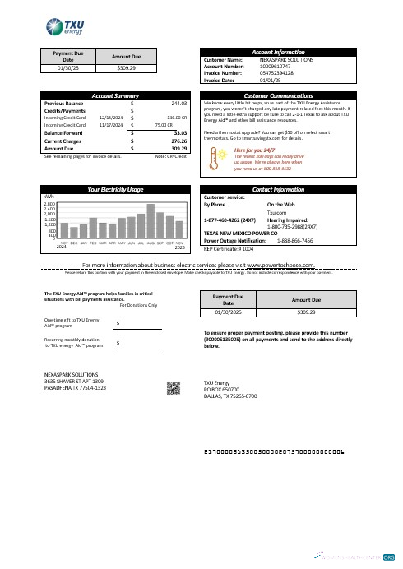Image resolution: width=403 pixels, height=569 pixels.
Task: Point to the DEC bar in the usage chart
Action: coord(74,220)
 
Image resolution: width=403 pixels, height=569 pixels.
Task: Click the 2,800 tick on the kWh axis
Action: coord(49,203)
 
